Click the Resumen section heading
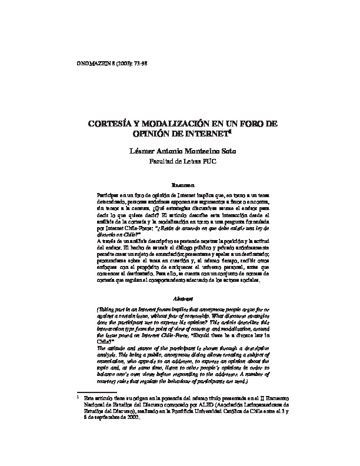(x=180, y=185)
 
